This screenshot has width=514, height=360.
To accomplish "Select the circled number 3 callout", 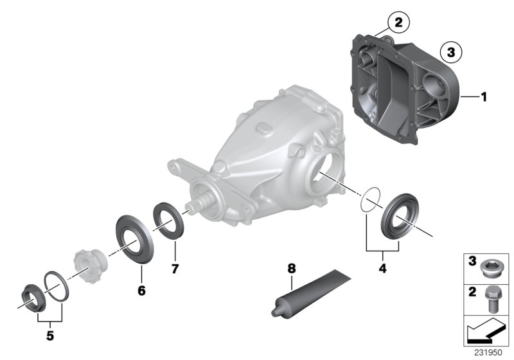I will (451, 52).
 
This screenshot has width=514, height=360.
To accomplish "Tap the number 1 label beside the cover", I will (484, 97).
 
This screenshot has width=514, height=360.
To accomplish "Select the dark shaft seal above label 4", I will (400, 219).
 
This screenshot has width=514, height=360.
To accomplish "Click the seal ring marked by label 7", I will (170, 219).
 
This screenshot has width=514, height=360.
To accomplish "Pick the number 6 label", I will (141, 291).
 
